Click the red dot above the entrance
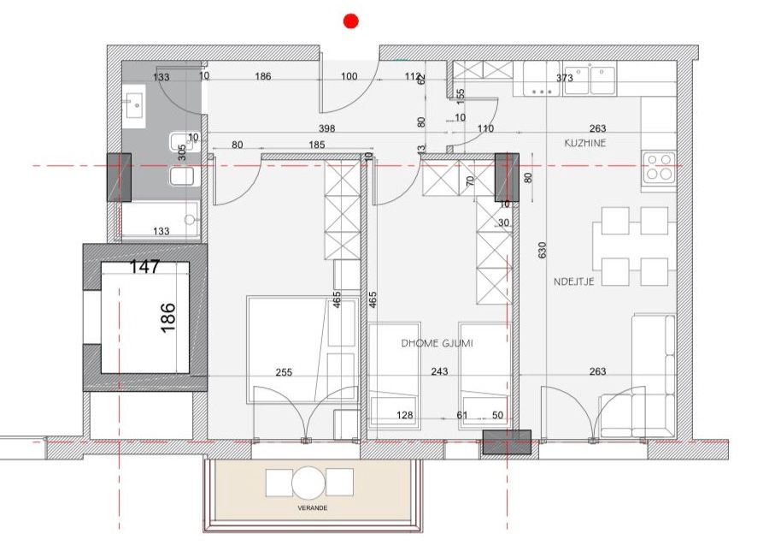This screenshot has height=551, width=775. click(351, 21)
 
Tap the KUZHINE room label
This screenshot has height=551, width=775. click(585, 143)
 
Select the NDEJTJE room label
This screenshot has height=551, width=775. click(574, 281)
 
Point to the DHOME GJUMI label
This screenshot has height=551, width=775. click(437, 343)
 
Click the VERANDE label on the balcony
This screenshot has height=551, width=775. click(313, 508)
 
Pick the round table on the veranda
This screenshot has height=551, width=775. click(309, 483)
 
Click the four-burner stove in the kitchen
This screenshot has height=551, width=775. click(659, 167)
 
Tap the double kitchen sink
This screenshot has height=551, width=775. click(590, 80)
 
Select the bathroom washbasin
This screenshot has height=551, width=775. click(134, 105)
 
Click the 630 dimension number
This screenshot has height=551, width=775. click(543, 250)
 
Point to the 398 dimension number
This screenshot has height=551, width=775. click(326, 128)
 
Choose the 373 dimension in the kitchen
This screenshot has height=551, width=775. click(565, 78)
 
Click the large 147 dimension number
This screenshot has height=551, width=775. click(144, 267)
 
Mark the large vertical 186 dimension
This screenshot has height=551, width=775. click(168, 317)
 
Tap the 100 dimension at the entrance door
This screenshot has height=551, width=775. click(349, 76)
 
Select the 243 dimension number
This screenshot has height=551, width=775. click(439, 371)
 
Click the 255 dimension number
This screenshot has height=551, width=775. click(284, 372)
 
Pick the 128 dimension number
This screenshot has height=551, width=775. click(405, 415)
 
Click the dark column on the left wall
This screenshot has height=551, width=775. click(119, 177)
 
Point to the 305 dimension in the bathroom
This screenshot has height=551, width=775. click(182, 152)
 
